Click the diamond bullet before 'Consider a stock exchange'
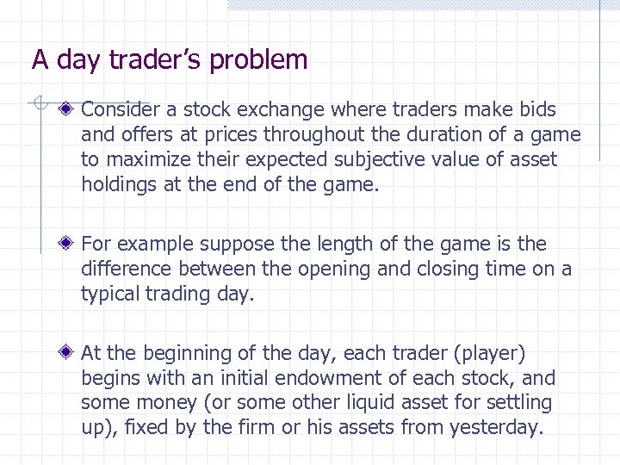pyautogui.click(x=67, y=109)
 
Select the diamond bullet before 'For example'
pyautogui.click(x=67, y=244)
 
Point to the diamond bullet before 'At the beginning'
pyautogui.click(x=67, y=353)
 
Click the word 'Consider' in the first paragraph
pyautogui.click(x=119, y=110)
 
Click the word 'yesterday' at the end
pyautogui.click(x=496, y=428)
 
